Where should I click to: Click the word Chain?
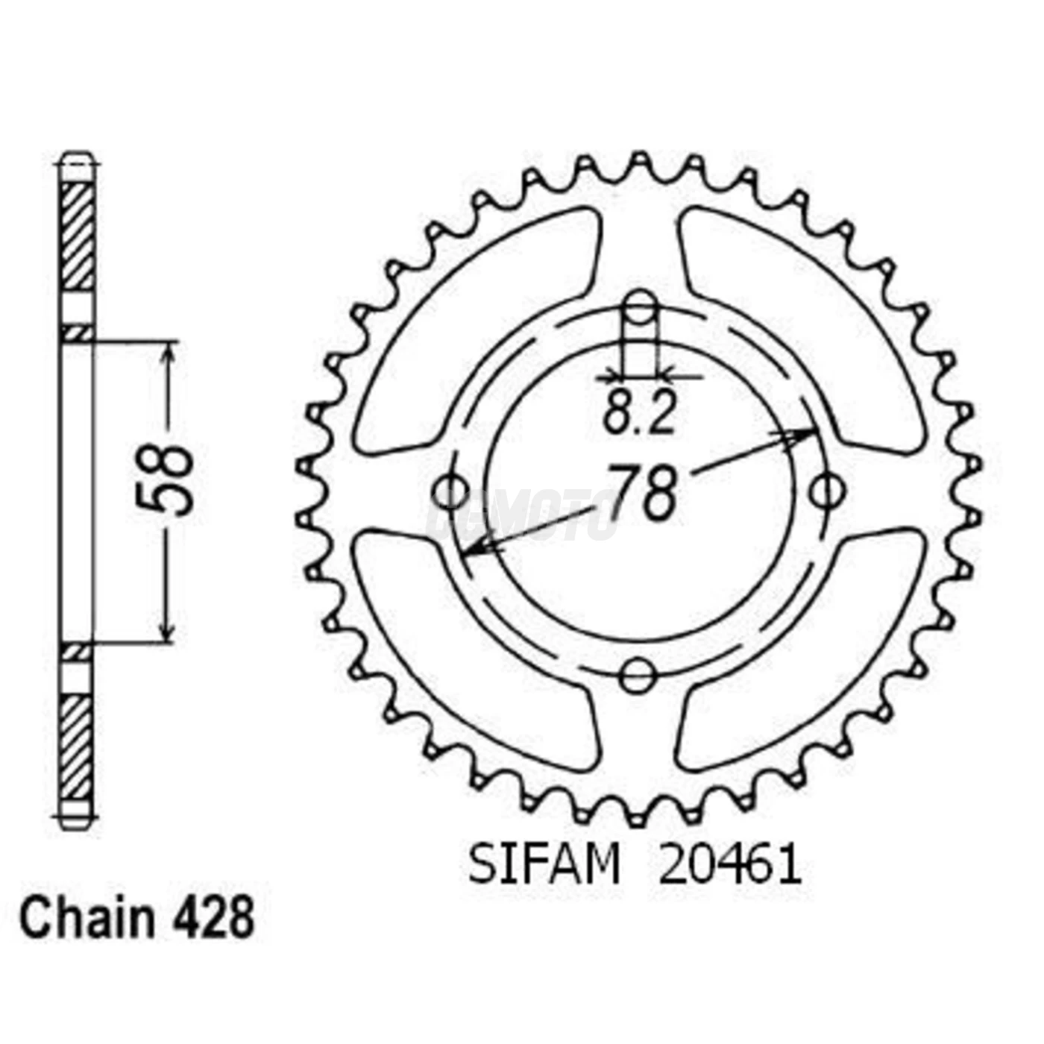[x=87, y=919]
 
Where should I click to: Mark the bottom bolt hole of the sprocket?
[x=638, y=676]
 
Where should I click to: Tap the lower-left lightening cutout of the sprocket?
[x=477, y=649]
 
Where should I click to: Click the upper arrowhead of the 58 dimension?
[x=169, y=353]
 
